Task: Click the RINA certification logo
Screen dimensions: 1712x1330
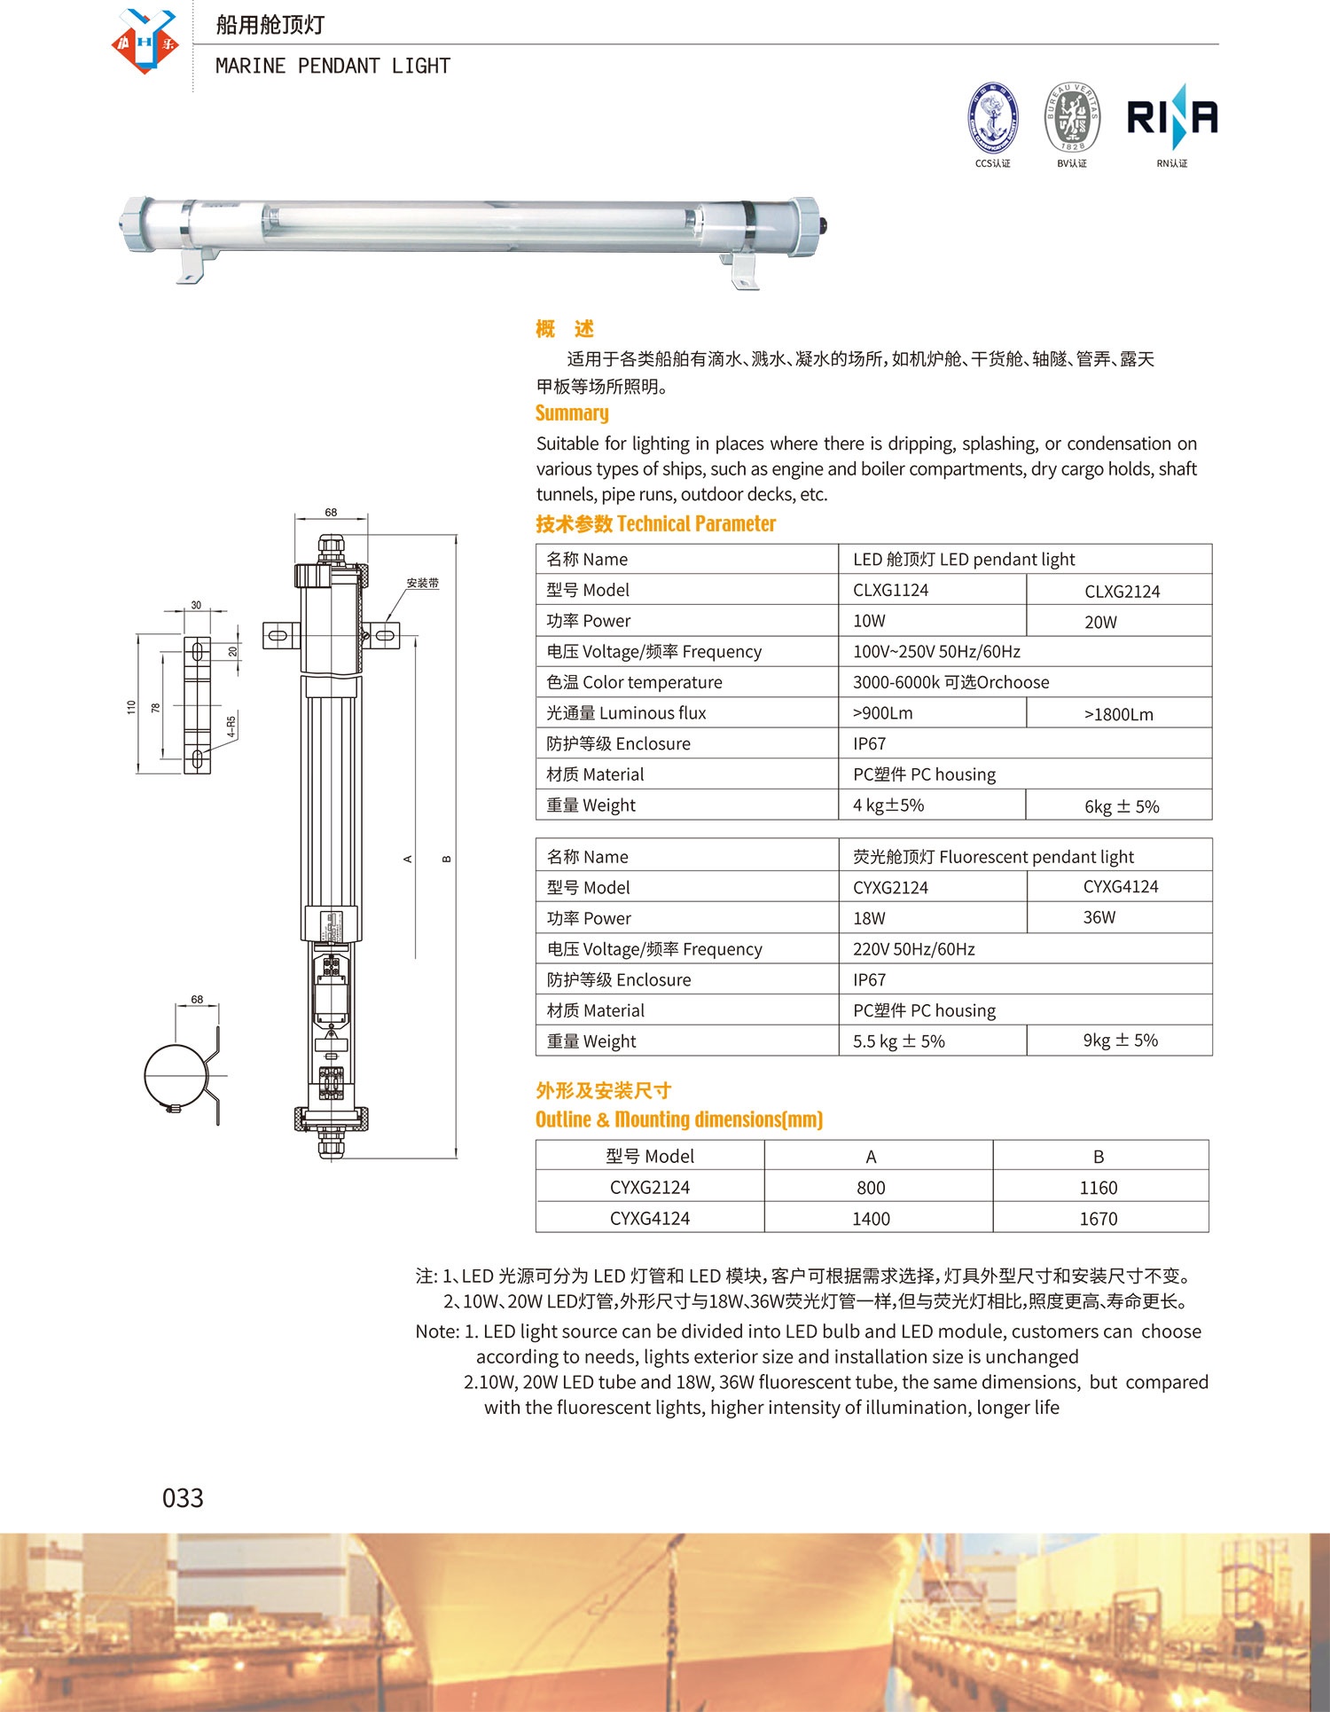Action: (1171, 117)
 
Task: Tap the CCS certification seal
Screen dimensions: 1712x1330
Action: (992, 119)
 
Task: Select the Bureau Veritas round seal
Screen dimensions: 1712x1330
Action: (1072, 118)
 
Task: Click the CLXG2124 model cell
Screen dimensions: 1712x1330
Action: (1122, 592)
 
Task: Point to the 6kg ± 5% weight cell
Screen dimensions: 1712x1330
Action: (1122, 806)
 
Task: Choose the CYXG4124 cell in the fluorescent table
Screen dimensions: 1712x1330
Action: (1121, 887)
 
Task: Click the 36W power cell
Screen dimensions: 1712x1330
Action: (1099, 917)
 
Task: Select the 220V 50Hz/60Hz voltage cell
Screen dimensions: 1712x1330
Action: (913, 949)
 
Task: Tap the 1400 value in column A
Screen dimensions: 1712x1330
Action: (871, 1219)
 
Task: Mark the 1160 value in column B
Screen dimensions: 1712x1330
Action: (1098, 1188)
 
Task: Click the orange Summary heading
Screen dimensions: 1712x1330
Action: (572, 413)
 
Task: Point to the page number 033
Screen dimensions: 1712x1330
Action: (183, 1498)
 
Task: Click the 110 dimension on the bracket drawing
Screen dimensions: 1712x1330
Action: (131, 707)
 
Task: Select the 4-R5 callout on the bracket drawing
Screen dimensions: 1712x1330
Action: (231, 726)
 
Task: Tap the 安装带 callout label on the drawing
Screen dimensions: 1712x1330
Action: (422, 583)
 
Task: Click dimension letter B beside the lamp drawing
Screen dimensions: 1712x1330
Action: (447, 859)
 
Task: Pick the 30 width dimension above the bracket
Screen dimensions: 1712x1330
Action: (196, 605)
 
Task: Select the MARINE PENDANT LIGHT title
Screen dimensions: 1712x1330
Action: (332, 67)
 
